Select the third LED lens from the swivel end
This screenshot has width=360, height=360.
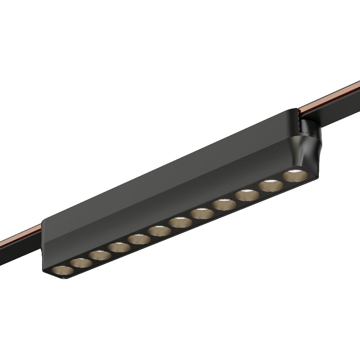(248, 196)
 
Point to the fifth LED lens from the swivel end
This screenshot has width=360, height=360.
(202, 214)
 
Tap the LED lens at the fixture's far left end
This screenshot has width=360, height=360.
(60, 271)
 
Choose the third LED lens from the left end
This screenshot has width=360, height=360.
(100, 255)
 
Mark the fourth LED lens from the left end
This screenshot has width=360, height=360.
(120, 247)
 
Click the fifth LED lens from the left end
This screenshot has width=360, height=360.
(140, 239)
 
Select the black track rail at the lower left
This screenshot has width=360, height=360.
(18, 252)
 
